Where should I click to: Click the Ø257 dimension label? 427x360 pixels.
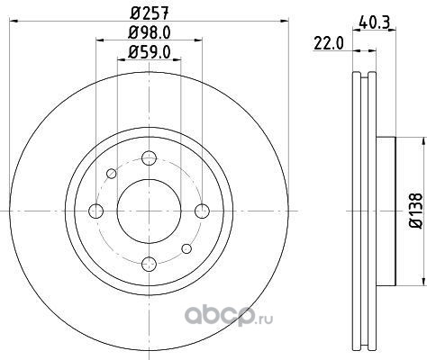pos(150,13)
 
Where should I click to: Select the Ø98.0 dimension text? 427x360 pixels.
pos(150,32)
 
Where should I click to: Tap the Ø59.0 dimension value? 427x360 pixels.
pos(150,52)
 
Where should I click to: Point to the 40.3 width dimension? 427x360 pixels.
pos(374,22)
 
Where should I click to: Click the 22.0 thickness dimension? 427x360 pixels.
pos(328,44)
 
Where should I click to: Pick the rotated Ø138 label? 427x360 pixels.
pos(416,211)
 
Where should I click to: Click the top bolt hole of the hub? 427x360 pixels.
pos(150,158)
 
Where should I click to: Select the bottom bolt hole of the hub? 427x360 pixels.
pos(150,264)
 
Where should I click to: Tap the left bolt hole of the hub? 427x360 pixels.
pos(96,211)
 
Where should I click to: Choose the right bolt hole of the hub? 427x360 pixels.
pos(202,211)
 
